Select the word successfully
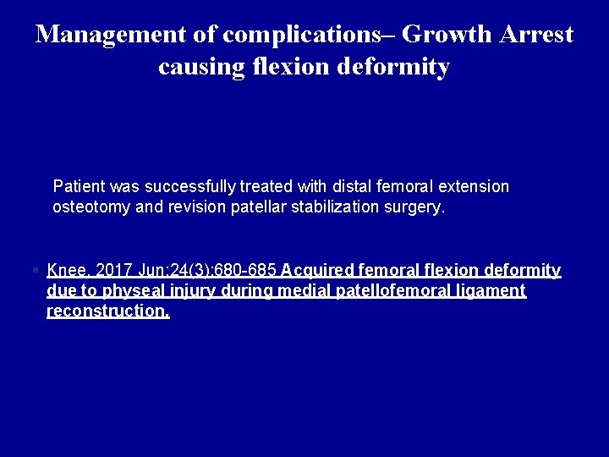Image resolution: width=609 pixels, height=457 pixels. tap(191, 186)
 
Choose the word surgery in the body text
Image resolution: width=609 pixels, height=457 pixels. tap(414, 207)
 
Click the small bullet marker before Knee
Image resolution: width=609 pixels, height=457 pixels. tap(35, 271)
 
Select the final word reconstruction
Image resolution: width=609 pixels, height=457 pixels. tap(107, 311)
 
